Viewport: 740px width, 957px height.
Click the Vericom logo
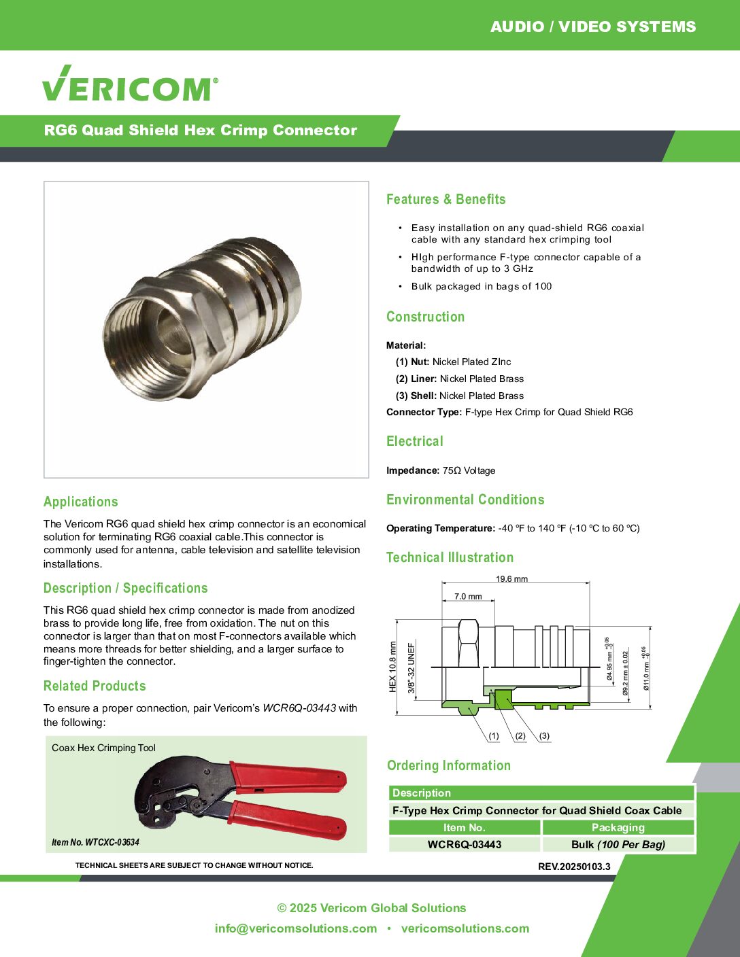point(130,84)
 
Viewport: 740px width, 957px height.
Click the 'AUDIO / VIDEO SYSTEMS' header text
point(592,27)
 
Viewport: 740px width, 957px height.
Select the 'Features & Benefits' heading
point(445,199)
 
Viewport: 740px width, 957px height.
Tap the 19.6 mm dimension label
point(511,579)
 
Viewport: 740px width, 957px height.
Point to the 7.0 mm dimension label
point(468,596)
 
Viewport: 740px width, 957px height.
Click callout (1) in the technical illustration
point(494,735)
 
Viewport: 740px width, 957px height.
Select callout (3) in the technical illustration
point(544,735)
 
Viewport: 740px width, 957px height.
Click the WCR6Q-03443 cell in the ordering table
point(465,845)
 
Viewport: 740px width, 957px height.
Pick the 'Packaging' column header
point(618,827)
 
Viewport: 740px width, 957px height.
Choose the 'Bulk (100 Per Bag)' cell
point(618,845)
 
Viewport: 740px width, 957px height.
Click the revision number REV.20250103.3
point(574,867)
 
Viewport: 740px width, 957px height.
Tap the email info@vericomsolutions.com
point(296,928)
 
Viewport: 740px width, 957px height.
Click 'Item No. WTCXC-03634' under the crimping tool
point(95,842)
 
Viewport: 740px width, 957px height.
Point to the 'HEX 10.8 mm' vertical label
point(392,667)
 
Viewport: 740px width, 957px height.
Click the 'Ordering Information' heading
point(448,765)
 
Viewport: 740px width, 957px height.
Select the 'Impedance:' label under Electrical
point(413,470)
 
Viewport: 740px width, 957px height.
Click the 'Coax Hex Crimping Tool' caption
point(103,748)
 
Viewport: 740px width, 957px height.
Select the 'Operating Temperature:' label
point(441,528)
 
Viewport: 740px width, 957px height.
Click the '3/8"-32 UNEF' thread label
point(411,668)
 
